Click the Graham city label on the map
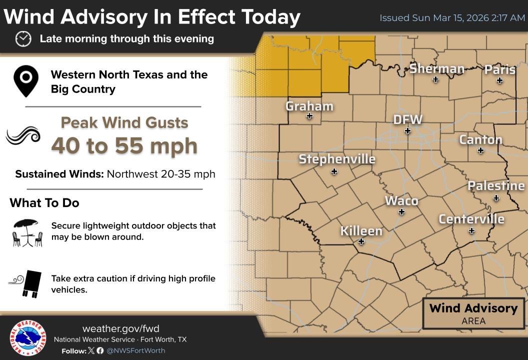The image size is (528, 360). pos(309,106)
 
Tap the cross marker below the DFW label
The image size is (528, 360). pos(407,131)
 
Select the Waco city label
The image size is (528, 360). pos(401,201)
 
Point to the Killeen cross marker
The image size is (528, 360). pos(361,241)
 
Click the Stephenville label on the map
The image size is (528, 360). pos(337,159)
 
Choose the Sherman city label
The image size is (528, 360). pos(436,68)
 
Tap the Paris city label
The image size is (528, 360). pos(499,69)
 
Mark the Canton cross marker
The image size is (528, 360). pos(480,150)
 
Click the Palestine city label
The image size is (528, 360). pos(496,186)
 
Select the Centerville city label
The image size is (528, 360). pos(471,219)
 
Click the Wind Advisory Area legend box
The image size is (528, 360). pos(473,313)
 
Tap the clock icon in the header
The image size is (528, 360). pos(23,38)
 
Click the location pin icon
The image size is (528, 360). pos(26,81)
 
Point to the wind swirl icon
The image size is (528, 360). pos(23,135)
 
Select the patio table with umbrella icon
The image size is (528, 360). pos(27,232)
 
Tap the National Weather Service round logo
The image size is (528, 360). pos(28,338)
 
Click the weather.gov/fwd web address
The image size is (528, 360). pos(120,328)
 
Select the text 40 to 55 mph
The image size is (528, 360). pos(124,145)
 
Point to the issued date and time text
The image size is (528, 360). pos(452,18)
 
